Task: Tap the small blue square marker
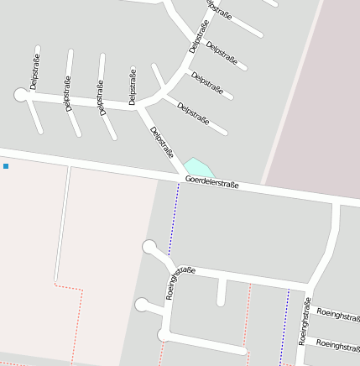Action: (x=6, y=166)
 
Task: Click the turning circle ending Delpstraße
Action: (x=21, y=95)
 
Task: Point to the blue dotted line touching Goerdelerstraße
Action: (x=174, y=218)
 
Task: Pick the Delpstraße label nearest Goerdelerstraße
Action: (x=162, y=142)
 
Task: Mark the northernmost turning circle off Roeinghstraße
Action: (x=149, y=247)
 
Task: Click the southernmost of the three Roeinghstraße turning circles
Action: (x=163, y=336)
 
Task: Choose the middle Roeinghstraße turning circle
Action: (x=142, y=304)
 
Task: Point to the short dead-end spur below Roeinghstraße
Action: (x=222, y=292)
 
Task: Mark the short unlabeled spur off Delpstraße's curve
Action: (x=159, y=75)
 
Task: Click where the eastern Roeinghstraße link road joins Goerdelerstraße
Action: (x=336, y=204)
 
